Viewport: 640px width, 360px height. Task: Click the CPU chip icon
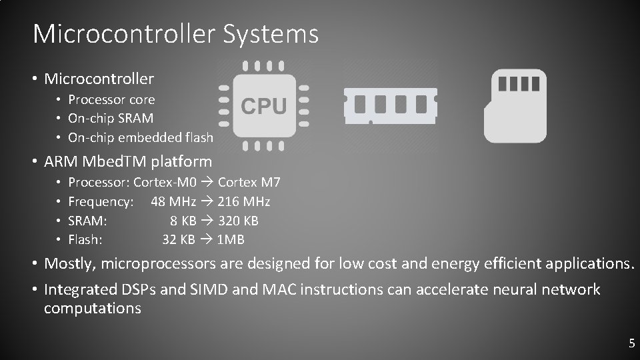(263, 105)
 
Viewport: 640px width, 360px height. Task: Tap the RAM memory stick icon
(390, 105)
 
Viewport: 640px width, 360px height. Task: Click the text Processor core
(111, 100)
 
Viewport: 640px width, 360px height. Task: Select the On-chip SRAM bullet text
(111, 119)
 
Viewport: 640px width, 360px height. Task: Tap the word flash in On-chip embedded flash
(199, 138)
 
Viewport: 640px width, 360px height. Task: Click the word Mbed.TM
(122, 161)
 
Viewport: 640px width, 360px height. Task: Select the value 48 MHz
(173, 201)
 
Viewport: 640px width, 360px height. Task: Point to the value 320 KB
(238, 221)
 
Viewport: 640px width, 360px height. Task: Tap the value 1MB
(231, 239)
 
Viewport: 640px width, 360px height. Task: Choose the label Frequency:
(101, 201)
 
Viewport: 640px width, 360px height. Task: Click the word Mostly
(69, 264)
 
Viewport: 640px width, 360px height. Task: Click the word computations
(93, 309)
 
